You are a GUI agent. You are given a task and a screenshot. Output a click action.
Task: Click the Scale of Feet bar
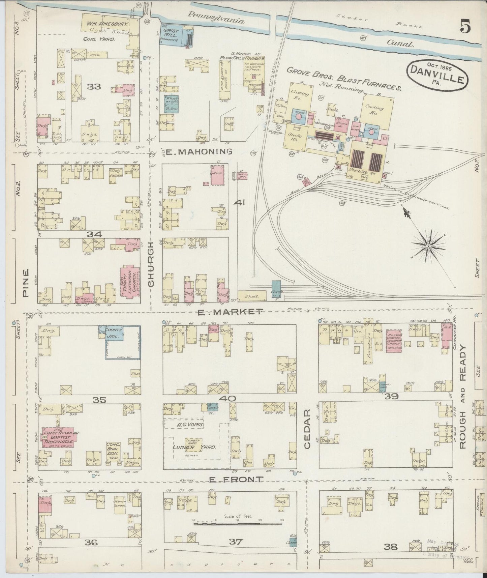tap(237, 524)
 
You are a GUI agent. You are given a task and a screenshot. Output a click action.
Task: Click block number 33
tap(94, 87)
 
